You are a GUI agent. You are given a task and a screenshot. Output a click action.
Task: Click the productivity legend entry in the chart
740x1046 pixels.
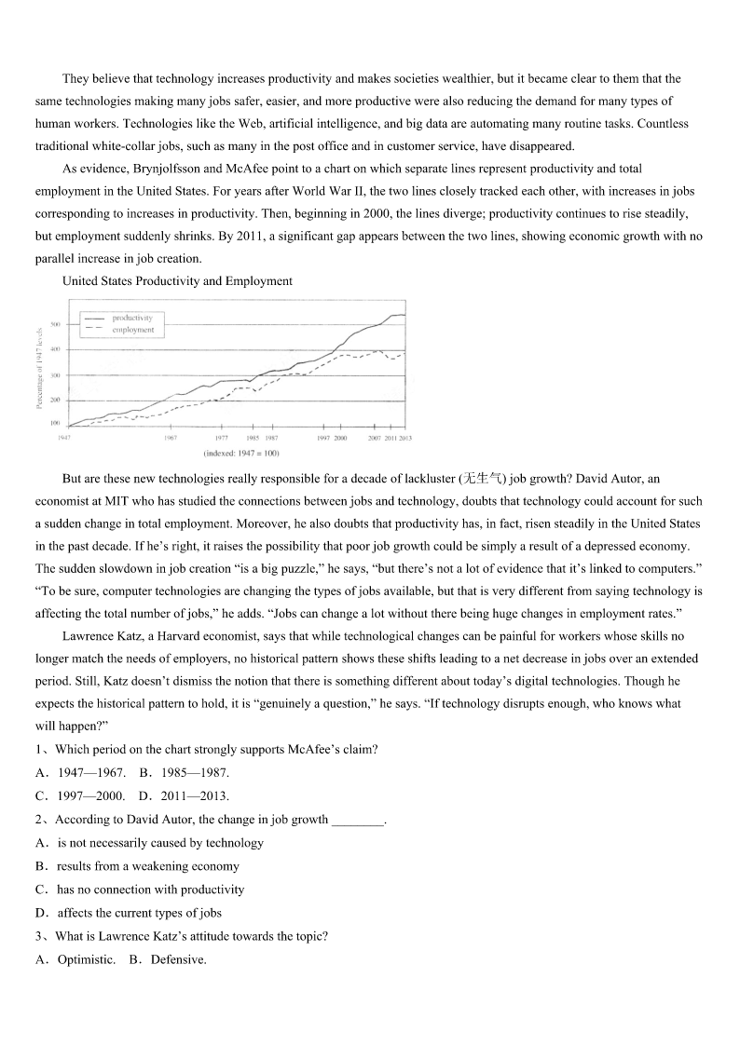pyautogui.click(x=131, y=318)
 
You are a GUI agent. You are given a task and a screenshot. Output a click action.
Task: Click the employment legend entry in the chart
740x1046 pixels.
pyautogui.click(x=132, y=330)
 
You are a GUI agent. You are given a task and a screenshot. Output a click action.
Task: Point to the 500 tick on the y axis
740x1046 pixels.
pyautogui.click(x=55, y=324)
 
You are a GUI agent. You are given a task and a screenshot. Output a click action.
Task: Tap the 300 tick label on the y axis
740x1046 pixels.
pyautogui.click(x=55, y=375)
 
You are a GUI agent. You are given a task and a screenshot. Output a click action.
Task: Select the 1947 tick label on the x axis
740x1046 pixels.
pyautogui.click(x=63, y=438)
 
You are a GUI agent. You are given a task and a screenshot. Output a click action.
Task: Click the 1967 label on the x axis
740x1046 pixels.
pyautogui.click(x=171, y=438)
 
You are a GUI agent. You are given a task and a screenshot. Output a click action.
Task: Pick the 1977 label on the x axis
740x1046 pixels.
pyautogui.click(x=221, y=438)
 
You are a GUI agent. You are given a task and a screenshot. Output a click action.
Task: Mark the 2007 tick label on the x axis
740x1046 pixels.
pyautogui.click(x=373, y=438)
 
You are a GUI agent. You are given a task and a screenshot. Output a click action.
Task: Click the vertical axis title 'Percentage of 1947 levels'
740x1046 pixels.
pyautogui.click(x=39, y=367)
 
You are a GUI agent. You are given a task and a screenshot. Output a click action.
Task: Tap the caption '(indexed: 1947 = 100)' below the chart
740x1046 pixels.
pyautogui.click(x=241, y=454)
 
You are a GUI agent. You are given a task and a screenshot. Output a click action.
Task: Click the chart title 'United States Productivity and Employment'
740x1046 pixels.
pyautogui.click(x=177, y=280)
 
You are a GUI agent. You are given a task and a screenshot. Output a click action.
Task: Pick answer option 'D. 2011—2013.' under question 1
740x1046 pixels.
pyautogui.click(x=185, y=795)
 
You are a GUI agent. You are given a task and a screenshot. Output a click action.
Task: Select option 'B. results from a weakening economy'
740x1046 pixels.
pyautogui.click(x=136, y=866)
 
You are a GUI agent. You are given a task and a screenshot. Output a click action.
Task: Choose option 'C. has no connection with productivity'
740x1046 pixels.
pyautogui.click(x=140, y=890)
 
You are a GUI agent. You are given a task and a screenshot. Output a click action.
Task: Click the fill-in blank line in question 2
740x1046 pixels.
pyautogui.click(x=358, y=821)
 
